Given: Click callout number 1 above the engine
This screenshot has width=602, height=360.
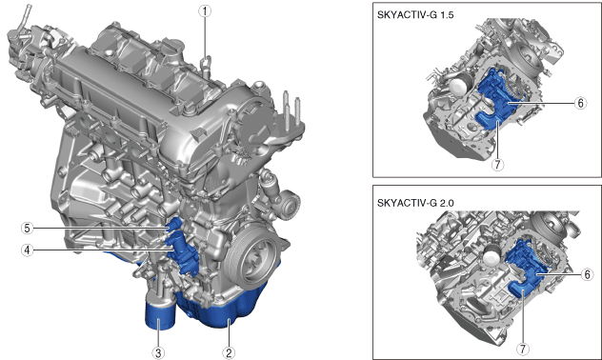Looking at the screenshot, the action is point(205,11).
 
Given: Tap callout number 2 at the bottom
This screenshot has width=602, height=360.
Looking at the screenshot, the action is point(229,352).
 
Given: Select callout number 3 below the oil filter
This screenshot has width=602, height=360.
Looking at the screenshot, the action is point(158,352).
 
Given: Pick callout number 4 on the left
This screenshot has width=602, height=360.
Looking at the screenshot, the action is point(27,250).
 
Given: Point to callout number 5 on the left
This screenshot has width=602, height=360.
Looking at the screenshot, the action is point(27,229).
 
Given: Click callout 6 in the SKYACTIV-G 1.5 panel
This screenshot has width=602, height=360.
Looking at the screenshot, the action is point(581,103).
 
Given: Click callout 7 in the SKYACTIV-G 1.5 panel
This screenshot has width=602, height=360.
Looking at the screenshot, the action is point(497,165).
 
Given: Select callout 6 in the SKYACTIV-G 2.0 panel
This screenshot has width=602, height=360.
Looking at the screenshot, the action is point(586,274).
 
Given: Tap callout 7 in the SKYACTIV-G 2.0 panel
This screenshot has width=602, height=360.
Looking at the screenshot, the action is point(523,349).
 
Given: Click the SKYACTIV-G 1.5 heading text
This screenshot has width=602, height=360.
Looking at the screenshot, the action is point(415,15).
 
